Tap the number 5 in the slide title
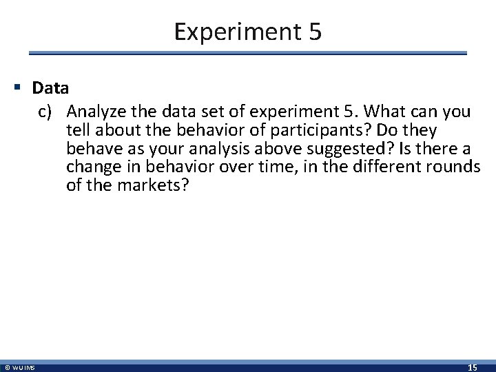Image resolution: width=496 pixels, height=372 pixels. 313,32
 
